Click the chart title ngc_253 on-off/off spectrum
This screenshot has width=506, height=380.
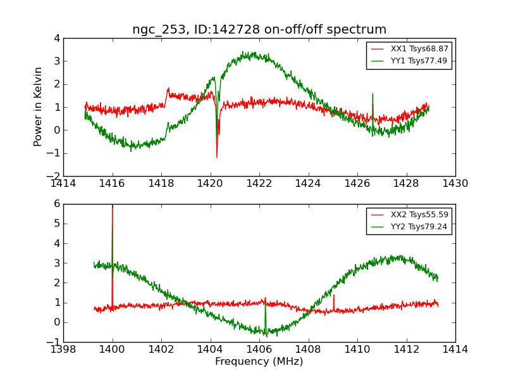(x=259, y=30)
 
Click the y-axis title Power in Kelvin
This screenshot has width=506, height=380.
(x=39, y=106)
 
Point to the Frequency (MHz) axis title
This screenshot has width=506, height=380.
(x=259, y=362)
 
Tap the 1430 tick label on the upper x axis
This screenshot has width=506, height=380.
(x=455, y=184)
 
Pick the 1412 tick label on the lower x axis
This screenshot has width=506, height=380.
(x=406, y=350)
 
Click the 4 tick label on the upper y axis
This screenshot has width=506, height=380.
(x=57, y=38)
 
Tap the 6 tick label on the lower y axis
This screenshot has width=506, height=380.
(x=57, y=204)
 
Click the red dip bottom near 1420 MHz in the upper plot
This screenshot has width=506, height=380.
(x=216, y=156)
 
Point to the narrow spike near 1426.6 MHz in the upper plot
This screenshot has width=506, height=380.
(x=373, y=95)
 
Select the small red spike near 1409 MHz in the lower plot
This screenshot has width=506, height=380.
(x=333, y=296)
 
